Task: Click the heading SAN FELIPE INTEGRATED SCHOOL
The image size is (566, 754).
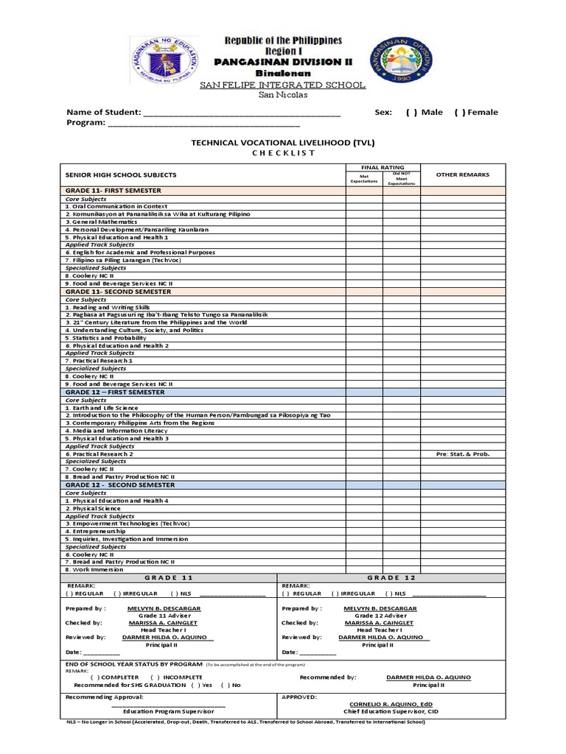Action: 283,85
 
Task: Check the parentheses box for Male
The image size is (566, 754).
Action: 411,112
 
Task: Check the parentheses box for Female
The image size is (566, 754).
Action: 460,112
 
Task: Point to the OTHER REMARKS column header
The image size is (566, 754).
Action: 462,175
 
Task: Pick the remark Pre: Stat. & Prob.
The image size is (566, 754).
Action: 462,454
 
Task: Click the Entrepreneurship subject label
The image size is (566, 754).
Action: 95,531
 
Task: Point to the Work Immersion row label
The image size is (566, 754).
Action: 94,569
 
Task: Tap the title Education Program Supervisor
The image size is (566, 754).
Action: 169,711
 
